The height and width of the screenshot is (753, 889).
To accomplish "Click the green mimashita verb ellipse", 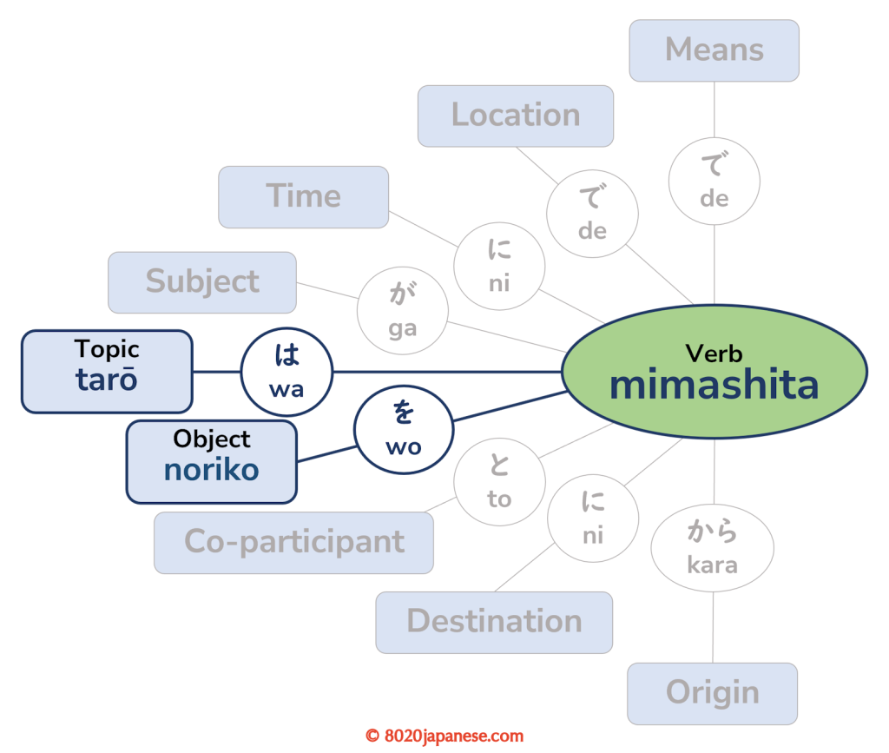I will tap(714, 371).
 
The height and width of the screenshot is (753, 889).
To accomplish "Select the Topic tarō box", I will tap(106, 371).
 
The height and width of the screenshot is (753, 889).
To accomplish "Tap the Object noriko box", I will tap(211, 461).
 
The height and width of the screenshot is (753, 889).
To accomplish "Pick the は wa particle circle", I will tap(286, 372).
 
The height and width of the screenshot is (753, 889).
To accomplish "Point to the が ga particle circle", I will tap(403, 311).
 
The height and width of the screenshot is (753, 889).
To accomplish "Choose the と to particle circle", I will tap(499, 481).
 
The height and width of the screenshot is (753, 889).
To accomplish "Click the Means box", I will tap(714, 50).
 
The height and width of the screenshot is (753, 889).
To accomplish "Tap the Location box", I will tap(515, 116).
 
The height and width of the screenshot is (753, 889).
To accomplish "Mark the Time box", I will tap(303, 196).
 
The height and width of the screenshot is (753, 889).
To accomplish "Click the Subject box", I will tap(201, 281).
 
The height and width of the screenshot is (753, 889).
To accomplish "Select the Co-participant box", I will tap(293, 542).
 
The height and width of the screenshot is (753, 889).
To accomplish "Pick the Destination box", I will tap(494, 622).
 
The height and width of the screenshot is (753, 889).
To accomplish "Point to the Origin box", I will tap(712, 693).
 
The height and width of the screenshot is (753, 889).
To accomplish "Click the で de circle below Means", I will tap(714, 182).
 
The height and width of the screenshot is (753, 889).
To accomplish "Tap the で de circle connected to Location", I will tap(592, 214).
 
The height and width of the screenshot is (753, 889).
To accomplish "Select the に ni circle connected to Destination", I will tap(592, 519).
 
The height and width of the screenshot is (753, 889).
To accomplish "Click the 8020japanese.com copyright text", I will tap(444, 736).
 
